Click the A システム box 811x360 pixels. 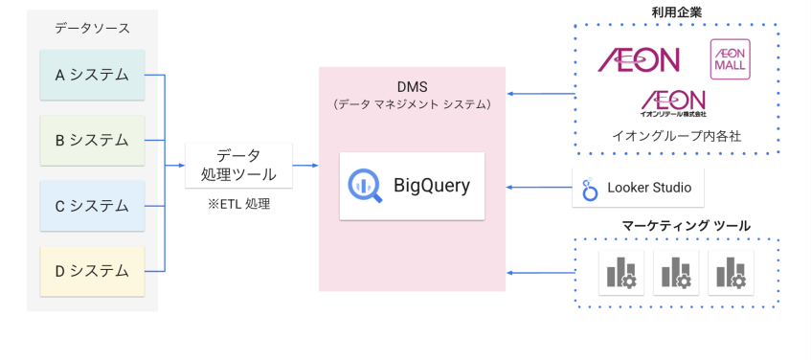pyautogui.click(x=92, y=75)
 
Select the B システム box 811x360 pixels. pyautogui.click(x=92, y=140)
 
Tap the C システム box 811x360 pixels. pyautogui.click(x=92, y=205)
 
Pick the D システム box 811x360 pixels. pyautogui.click(x=92, y=271)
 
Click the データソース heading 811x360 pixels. pyautogui.click(x=92, y=29)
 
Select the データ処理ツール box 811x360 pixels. pyautogui.click(x=237, y=165)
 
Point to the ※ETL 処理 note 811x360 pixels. pyautogui.click(x=238, y=203)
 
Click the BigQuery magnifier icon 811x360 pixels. pyautogui.click(x=366, y=184)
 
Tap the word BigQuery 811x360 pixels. pyautogui.click(x=432, y=185)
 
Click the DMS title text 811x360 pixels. pyautogui.click(x=412, y=86)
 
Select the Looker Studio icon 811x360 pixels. pyautogui.click(x=590, y=189)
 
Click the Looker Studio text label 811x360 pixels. pyautogui.click(x=649, y=188)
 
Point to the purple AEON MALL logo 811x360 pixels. pyautogui.click(x=730, y=59)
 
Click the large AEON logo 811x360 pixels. pyautogui.click(x=639, y=60)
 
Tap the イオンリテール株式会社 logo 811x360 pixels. pyautogui.click(x=673, y=103)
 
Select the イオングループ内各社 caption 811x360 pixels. pyautogui.click(x=677, y=136)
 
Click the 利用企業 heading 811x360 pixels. pyautogui.click(x=677, y=11)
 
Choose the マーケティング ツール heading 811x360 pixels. pyautogui.click(x=686, y=226)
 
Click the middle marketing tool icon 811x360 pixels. pyautogui.click(x=676, y=272)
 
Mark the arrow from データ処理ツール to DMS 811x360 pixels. pyautogui.click(x=304, y=165)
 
